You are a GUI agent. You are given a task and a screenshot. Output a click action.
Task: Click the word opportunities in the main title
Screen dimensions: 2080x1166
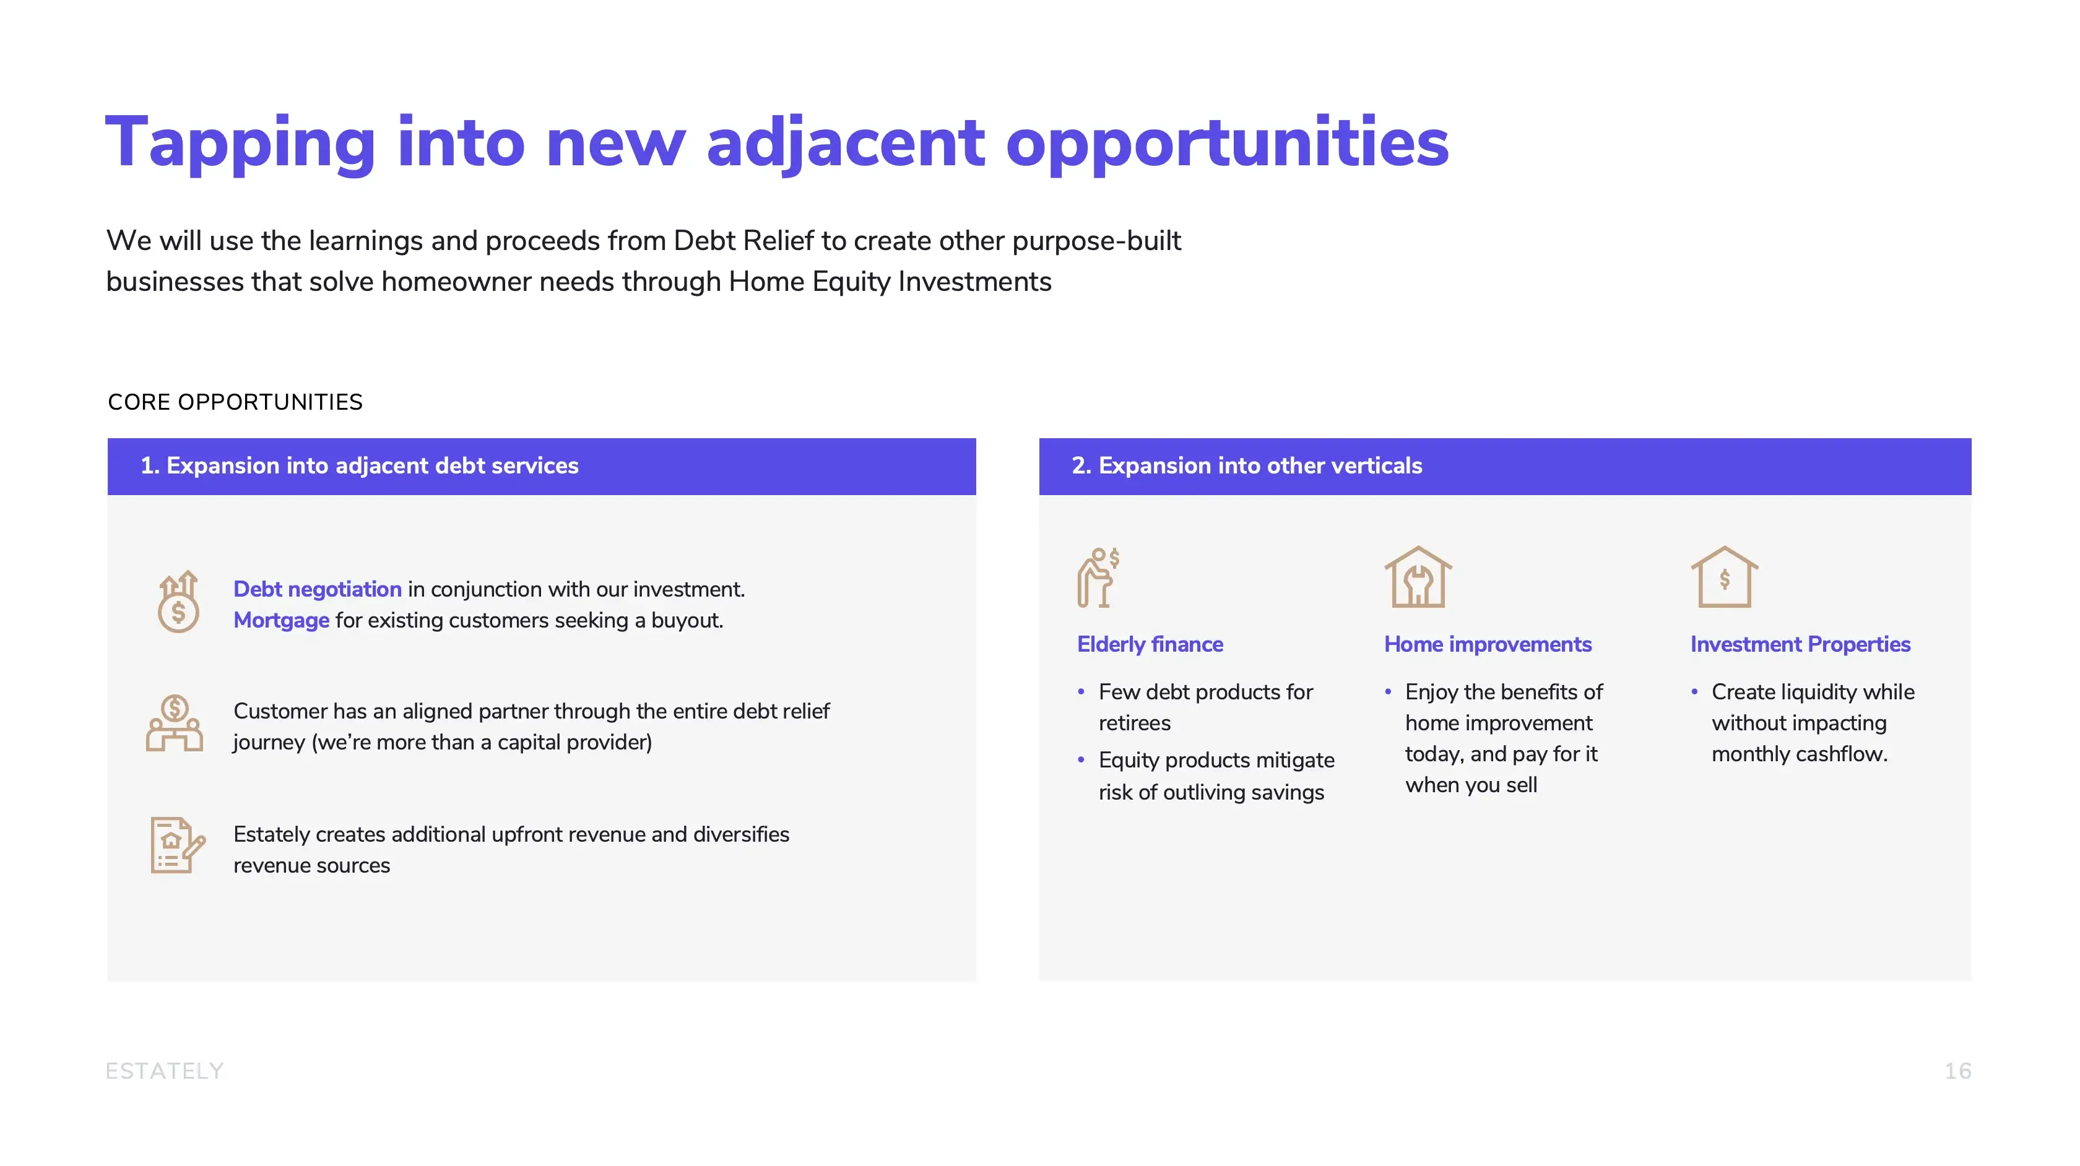[x=1228, y=143]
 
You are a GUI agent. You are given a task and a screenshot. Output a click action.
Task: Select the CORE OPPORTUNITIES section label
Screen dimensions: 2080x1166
[x=235, y=402]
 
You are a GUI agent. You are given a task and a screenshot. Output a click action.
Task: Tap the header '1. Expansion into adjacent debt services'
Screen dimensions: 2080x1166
[x=359, y=466]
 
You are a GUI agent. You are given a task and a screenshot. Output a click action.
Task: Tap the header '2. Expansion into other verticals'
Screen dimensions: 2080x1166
[x=1247, y=466]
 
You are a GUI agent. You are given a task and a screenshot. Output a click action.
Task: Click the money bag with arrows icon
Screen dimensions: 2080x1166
[x=178, y=602]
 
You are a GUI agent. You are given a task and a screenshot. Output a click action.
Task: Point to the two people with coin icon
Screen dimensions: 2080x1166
[x=175, y=723]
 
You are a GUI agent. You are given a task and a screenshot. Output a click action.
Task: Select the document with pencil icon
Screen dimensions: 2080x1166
[x=178, y=845]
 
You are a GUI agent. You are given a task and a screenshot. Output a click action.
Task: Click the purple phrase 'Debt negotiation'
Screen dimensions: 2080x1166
[x=318, y=589]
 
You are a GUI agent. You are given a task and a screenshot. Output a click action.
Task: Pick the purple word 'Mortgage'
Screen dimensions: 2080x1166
[x=281, y=620]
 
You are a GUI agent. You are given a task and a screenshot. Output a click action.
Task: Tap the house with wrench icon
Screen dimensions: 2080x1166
[x=1418, y=577]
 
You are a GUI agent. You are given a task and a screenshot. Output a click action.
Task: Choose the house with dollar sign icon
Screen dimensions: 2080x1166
[x=1725, y=577]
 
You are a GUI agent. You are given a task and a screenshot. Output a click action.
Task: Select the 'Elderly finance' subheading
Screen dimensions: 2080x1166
[x=1150, y=644]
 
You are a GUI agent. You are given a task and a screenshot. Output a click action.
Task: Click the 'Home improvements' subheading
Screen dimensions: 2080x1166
[x=1488, y=644]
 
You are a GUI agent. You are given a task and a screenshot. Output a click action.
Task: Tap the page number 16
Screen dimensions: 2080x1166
[x=1958, y=1071]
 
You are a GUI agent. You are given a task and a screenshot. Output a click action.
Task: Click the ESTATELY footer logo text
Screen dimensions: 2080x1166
[x=165, y=1071]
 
